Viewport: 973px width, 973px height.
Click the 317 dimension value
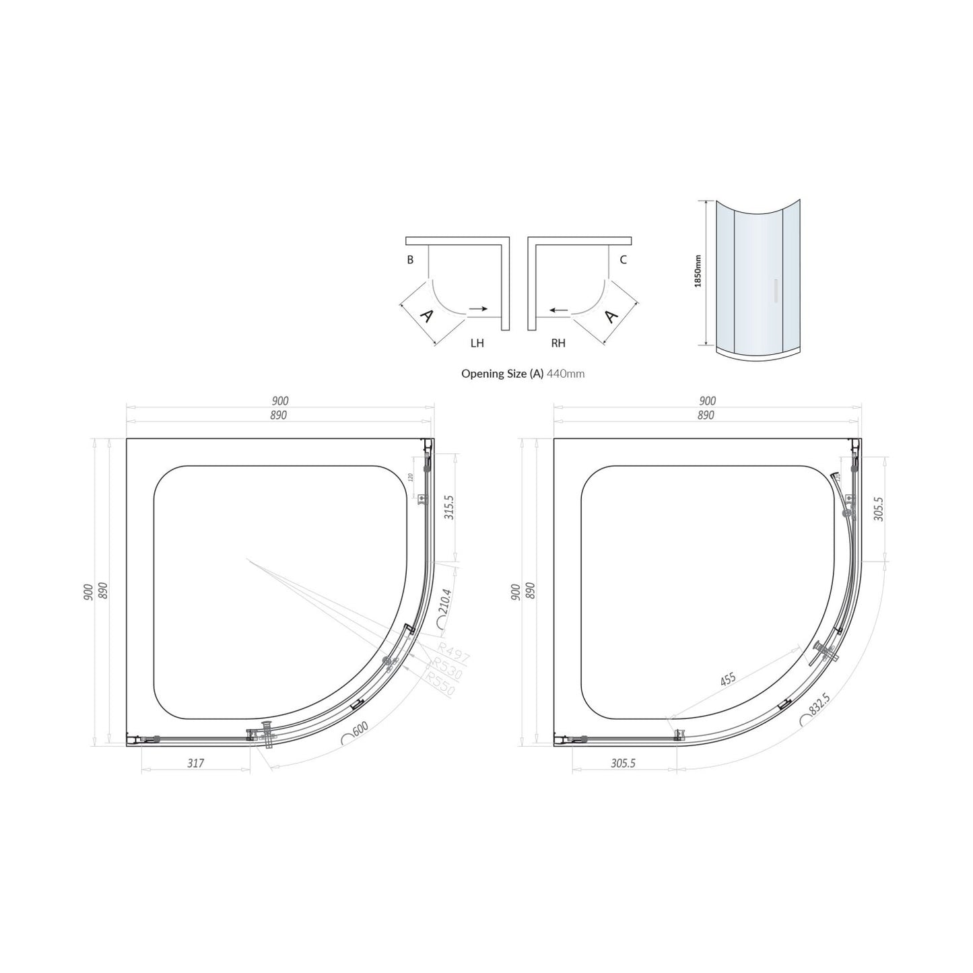click(x=195, y=763)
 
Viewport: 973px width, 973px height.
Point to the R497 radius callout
click(x=453, y=652)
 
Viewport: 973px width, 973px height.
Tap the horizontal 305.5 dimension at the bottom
click(x=623, y=763)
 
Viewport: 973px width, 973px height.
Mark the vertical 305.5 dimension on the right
click(x=877, y=509)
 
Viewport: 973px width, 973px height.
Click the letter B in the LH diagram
click(x=410, y=260)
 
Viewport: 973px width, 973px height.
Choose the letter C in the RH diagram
click(x=623, y=260)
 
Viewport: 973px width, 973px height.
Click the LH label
click(x=477, y=343)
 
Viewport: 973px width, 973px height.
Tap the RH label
click(x=558, y=343)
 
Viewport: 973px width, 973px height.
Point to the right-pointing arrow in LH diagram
click(x=478, y=308)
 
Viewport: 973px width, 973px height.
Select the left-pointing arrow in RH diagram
click(x=558, y=310)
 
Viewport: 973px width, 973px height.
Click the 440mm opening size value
click(x=566, y=373)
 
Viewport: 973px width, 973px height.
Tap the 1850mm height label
click(x=698, y=271)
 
